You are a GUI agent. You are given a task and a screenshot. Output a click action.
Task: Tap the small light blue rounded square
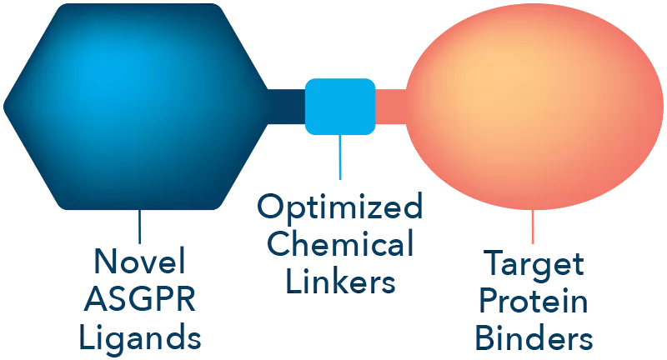pyautogui.click(x=340, y=107)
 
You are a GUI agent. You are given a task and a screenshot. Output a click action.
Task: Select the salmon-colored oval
pyautogui.click(x=534, y=107)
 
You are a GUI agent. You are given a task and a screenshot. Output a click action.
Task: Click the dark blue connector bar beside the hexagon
pyautogui.click(x=287, y=107)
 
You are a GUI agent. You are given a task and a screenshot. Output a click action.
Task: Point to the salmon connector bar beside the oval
pyautogui.click(x=390, y=107)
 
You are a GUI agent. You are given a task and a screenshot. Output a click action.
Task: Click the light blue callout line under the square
pyautogui.click(x=340, y=157)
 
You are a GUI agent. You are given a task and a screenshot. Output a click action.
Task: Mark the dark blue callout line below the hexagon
pyautogui.click(x=139, y=227)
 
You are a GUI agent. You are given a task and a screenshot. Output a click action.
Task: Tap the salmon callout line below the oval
pyautogui.click(x=533, y=227)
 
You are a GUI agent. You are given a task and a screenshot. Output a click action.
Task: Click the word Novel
pyautogui.click(x=139, y=261)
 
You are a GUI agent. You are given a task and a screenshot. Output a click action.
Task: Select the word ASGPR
pyautogui.click(x=140, y=299)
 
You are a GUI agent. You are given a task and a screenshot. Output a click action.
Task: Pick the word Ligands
pyautogui.click(x=140, y=337)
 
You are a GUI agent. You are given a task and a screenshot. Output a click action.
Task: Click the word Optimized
pyautogui.click(x=340, y=207)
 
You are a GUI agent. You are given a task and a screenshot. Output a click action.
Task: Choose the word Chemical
pyautogui.click(x=340, y=242)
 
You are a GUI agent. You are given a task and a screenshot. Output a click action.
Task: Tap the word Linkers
pyautogui.click(x=340, y=281)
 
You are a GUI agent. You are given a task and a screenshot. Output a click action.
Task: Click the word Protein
pyautogui.click(x=534, y=300)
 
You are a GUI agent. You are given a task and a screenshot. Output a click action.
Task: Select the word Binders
pyautogui.click(x=534, y=338)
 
